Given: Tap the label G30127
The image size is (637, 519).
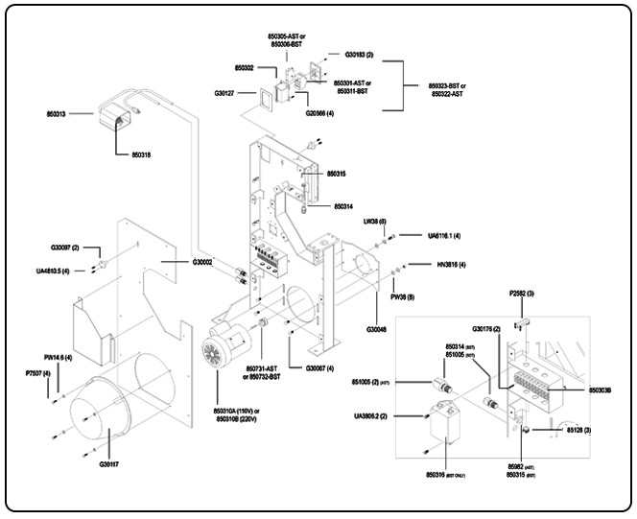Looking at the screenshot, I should (x=226, y=92).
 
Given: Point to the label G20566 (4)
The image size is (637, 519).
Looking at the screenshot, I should (x=320, y=113).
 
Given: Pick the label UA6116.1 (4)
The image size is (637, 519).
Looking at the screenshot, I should (x=443, y=235).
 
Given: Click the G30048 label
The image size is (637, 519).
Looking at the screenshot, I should (x=378, y=328).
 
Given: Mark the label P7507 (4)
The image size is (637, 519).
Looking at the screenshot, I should (x=38, y=372).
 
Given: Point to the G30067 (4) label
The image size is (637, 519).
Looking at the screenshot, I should (x=319, y=368).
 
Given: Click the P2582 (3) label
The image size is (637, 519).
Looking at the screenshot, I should (x=522, y=293).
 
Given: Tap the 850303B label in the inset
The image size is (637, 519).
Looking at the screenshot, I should (x=588, y=389).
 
